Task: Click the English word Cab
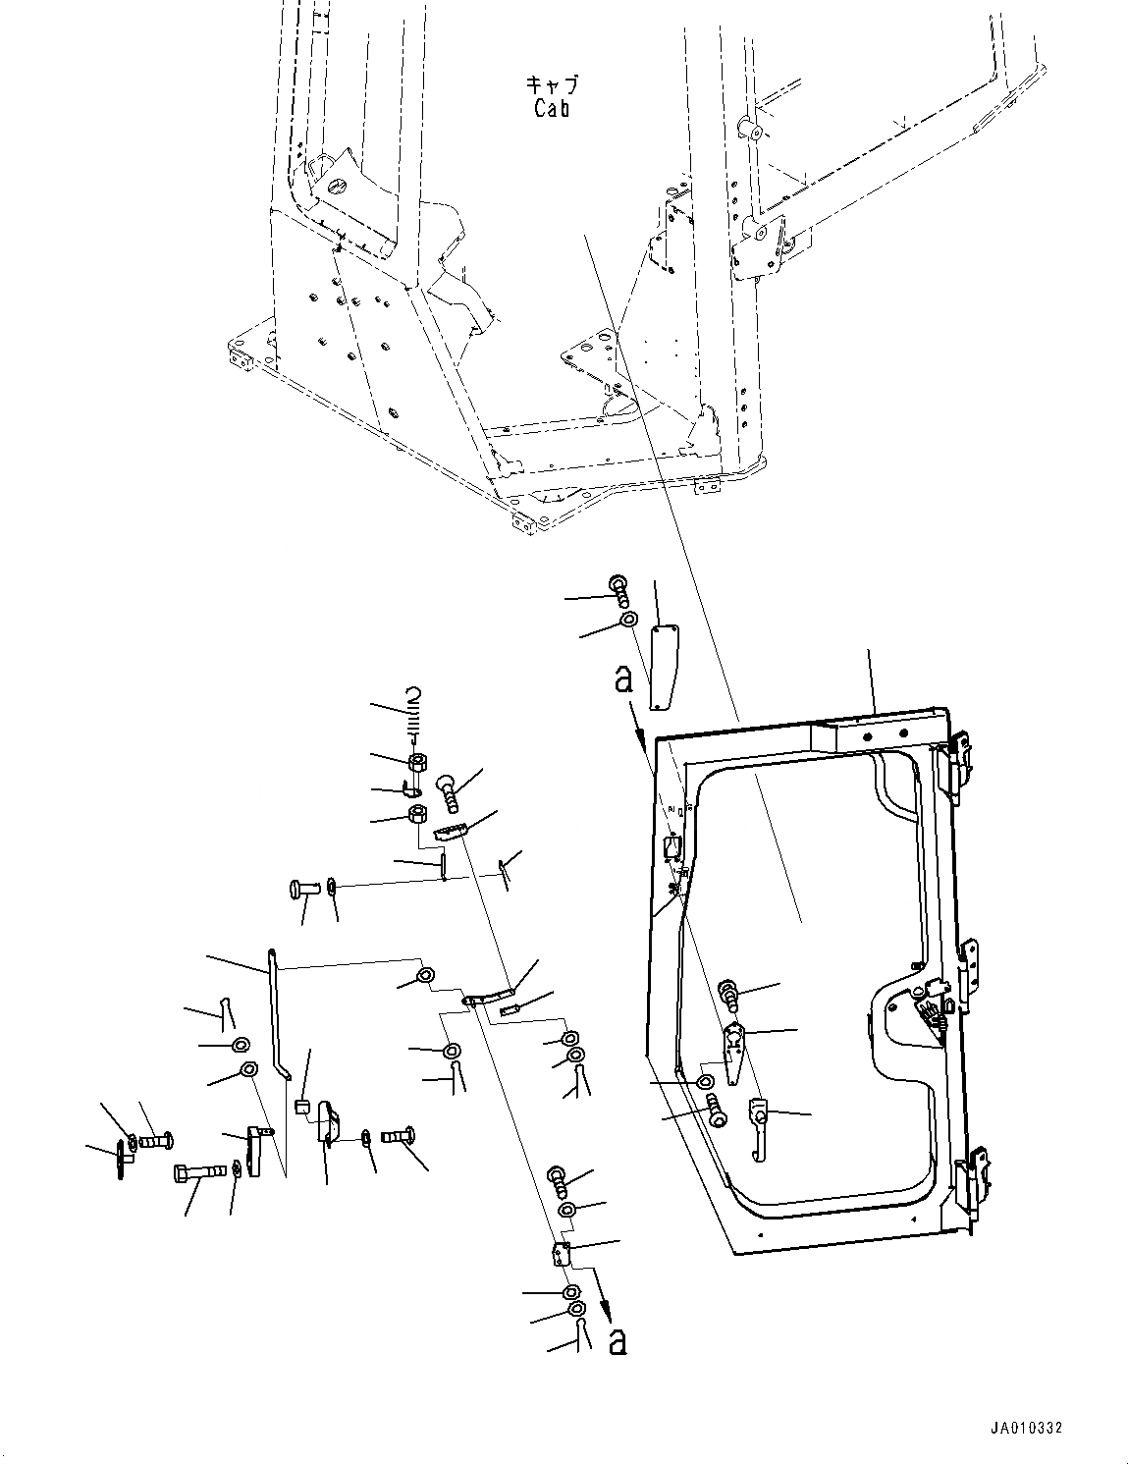(x=552, y=107)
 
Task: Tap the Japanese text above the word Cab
(x=552, y=85)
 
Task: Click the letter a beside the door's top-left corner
(x=622, y=679)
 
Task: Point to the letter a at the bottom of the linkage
(x=617, y=1341)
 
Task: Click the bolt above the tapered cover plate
(x=619, y=588)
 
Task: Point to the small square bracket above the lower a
(x=562, y=1253)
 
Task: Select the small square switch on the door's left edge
(x=672, y=845)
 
